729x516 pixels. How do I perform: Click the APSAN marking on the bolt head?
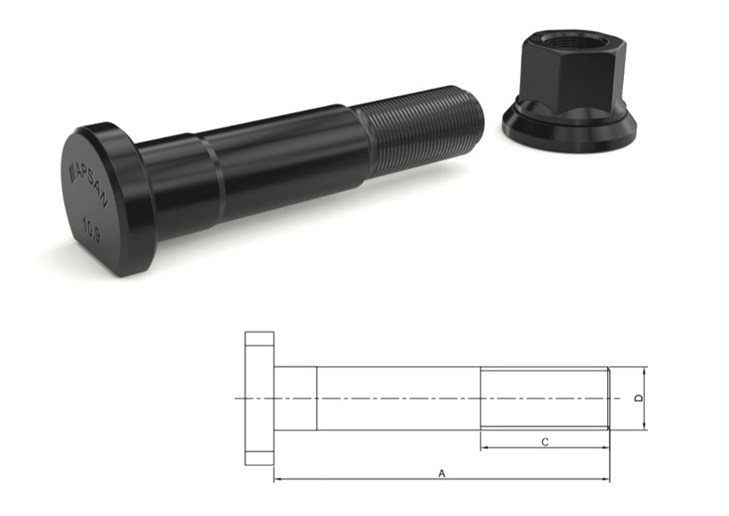click(x=86, y=178)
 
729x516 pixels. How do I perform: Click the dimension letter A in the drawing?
click(x=441, y=474)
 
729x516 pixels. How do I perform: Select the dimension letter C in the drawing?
click(x=545, y=441)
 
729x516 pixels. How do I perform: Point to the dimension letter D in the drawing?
click(x=638, y=398)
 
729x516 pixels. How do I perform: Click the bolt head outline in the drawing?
click(x=259, y=398)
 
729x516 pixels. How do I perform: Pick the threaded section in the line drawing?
click(x=544, y=398)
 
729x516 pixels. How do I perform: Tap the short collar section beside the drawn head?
click(x=295, y=398)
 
